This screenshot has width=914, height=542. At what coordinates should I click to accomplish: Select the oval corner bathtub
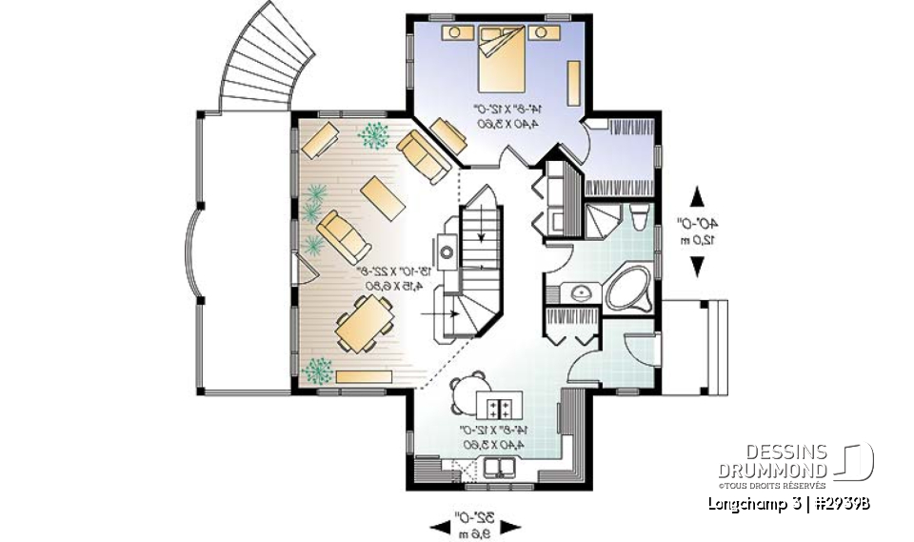(x=629, y=286)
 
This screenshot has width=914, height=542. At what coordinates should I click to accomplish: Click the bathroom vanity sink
(x=578, y=292)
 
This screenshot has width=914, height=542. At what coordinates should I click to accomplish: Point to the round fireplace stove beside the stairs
(x=446, y=253)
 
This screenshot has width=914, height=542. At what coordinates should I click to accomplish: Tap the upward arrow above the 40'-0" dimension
(x=697, y=196)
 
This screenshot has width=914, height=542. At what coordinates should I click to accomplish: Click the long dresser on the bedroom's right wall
(x=575, y=84)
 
